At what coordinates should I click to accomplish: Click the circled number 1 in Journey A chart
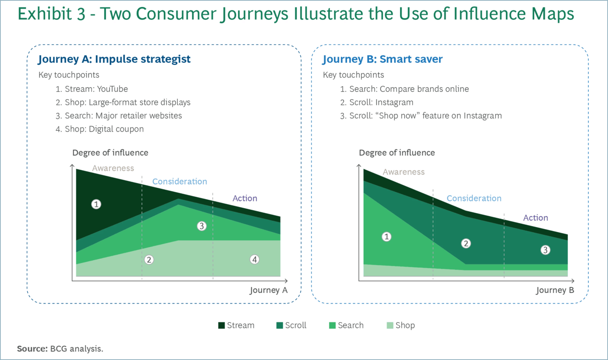point(96,204)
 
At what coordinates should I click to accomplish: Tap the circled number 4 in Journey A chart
point(254,259)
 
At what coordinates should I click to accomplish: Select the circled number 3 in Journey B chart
point(545,250)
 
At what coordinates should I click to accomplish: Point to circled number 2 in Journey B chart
point(466,243)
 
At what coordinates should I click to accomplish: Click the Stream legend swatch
point(221,325)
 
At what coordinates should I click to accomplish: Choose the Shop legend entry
point(401,325)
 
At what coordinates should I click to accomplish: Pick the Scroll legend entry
point(291,325)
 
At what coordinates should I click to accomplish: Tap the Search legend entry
point(346,325)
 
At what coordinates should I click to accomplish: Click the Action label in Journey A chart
point(245,198)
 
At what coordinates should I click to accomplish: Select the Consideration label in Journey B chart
point(474,198)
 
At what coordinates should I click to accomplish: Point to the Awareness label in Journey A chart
point(113,168)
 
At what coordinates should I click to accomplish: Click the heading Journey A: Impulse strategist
point(114,59)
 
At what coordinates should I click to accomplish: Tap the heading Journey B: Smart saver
point(382,59)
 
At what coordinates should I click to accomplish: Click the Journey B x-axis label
point(555,290)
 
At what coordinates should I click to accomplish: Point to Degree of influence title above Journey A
point(110,152)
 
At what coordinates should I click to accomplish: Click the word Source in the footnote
point(32,349)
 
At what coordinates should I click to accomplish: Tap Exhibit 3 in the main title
point(51,14)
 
